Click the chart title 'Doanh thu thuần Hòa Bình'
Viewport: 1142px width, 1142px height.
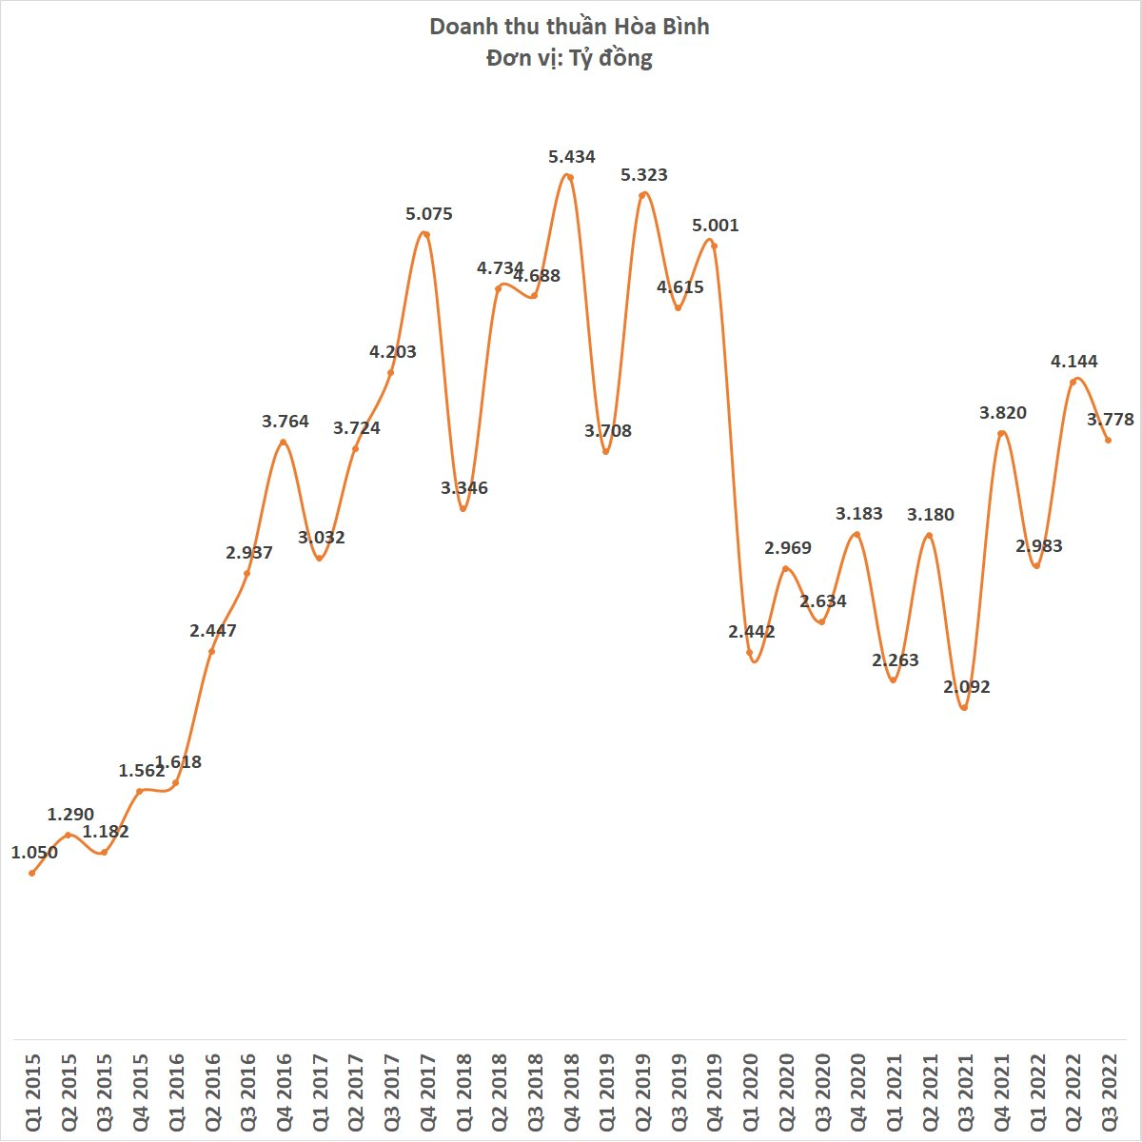pos(569,26)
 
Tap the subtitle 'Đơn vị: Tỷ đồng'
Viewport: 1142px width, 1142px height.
pos(569,58)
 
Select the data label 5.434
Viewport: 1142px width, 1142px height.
pos(572,157)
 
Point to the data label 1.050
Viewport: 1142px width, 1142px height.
pos(34,853)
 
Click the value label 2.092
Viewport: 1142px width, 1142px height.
pos(967,686)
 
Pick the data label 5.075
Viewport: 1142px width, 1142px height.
pos(429,214)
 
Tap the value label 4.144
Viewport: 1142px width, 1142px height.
pos(1073,361)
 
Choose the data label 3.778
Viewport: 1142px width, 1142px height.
pos(1111,420)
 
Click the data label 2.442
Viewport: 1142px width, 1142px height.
pos(752,631)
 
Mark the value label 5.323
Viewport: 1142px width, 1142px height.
pos(644,175)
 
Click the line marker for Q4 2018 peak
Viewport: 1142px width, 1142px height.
pos(570,177)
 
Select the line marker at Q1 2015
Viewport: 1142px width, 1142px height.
pos(31,873)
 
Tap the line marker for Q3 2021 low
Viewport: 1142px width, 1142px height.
pos(964,708)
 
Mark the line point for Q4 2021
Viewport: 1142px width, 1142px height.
pos(1000,434)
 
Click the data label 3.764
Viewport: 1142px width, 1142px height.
pos(285,421)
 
